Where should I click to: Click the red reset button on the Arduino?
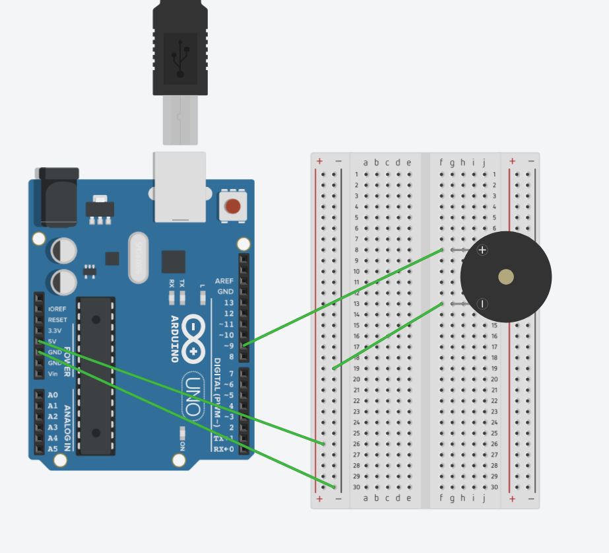[x=232, y=206]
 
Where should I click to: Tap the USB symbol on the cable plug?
[x=180, y=58]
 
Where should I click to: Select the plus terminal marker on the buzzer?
[x=482, y=250]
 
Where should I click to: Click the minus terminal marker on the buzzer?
[x=482, y=304]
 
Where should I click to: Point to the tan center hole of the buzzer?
[x=506, y=277]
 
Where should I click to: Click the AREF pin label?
[x=224, y=281]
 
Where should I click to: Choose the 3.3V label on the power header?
[x=55, y=330]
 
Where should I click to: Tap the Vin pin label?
[x=53, y=374]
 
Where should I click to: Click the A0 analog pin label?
[x=53, y=395]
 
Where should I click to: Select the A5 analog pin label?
[x=53, y=449]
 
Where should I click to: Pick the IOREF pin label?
[x=57, y=309]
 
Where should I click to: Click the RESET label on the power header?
[x=57, y=320]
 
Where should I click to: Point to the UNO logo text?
[x=192, y=396]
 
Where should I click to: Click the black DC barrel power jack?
[x=58, y=196]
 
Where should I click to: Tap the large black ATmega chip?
[x=96, y=375]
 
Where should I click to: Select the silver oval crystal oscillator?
[x=139, y=257]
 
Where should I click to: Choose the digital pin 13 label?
[x=228, y=303]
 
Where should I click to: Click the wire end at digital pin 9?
[x=244, y=345]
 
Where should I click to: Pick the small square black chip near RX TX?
[x=174, y=262]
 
